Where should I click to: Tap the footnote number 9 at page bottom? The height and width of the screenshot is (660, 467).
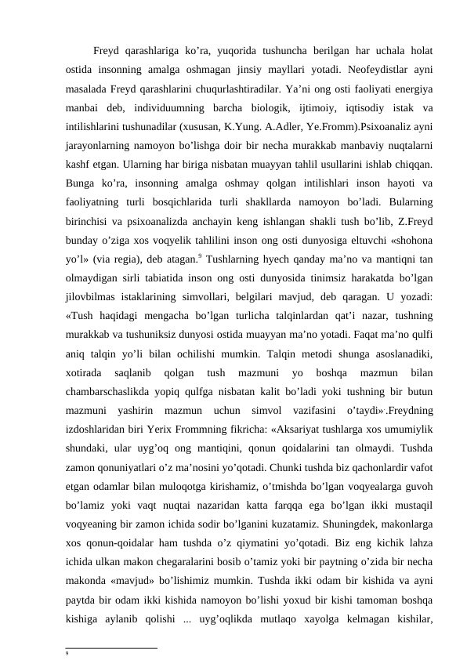68,651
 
